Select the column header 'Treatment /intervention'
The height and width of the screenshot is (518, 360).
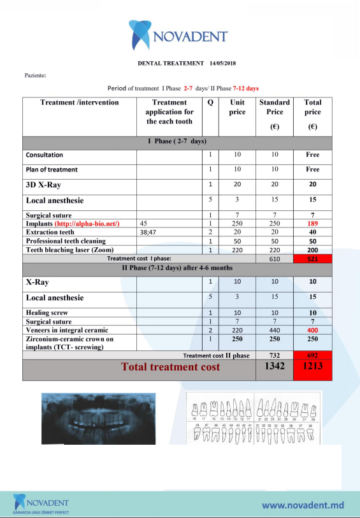pyautogui.click(x=79, y=102)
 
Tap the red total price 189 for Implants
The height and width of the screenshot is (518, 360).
pyautogui.click(x=312, y=224)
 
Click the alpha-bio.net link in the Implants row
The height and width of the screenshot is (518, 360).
pyautogui.click(x=96, y=224)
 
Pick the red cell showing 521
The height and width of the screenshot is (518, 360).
pyautogui.click(x=312, y=259)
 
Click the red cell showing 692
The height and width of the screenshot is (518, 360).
pyautogui.click(x=312, y=355)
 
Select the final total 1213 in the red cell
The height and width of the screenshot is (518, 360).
pyautogui.click(x=312, y=368)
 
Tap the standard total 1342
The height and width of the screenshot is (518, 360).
pyautogui.click(x=275, y=366)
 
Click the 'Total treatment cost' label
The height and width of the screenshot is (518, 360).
pyautogui.click(x=171, y=367)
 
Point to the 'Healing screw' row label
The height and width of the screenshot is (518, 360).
pyautogui.click(x=47, y=312)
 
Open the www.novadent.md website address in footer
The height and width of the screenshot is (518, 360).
pyautogui.click(x=303, y=505)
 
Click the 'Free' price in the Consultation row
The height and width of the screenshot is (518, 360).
pyautogui.click(x=312, y=155)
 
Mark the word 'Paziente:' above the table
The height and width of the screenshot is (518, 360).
pyautogui.click(x=35, y=75)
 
